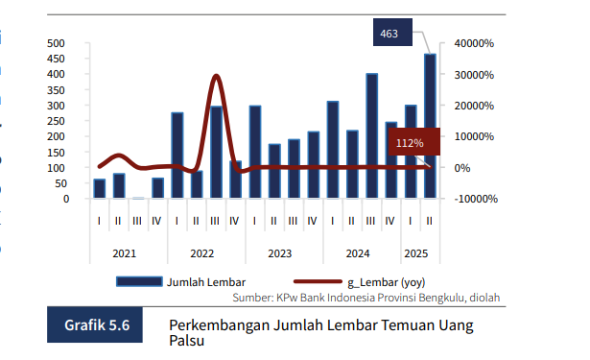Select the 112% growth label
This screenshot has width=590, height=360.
click(x=410, y=143)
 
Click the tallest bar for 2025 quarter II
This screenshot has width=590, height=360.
click(x=430, y=125)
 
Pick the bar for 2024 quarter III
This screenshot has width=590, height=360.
click(x=371, y=135)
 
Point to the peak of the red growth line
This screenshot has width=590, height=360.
click(x=216, y=77)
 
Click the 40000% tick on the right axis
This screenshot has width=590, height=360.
click(x=474, y=43)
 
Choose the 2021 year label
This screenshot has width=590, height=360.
click(x=124, y=253)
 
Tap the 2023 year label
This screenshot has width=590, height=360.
click(x=280, y=253)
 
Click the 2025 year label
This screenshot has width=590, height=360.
click(x=416, y=253)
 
